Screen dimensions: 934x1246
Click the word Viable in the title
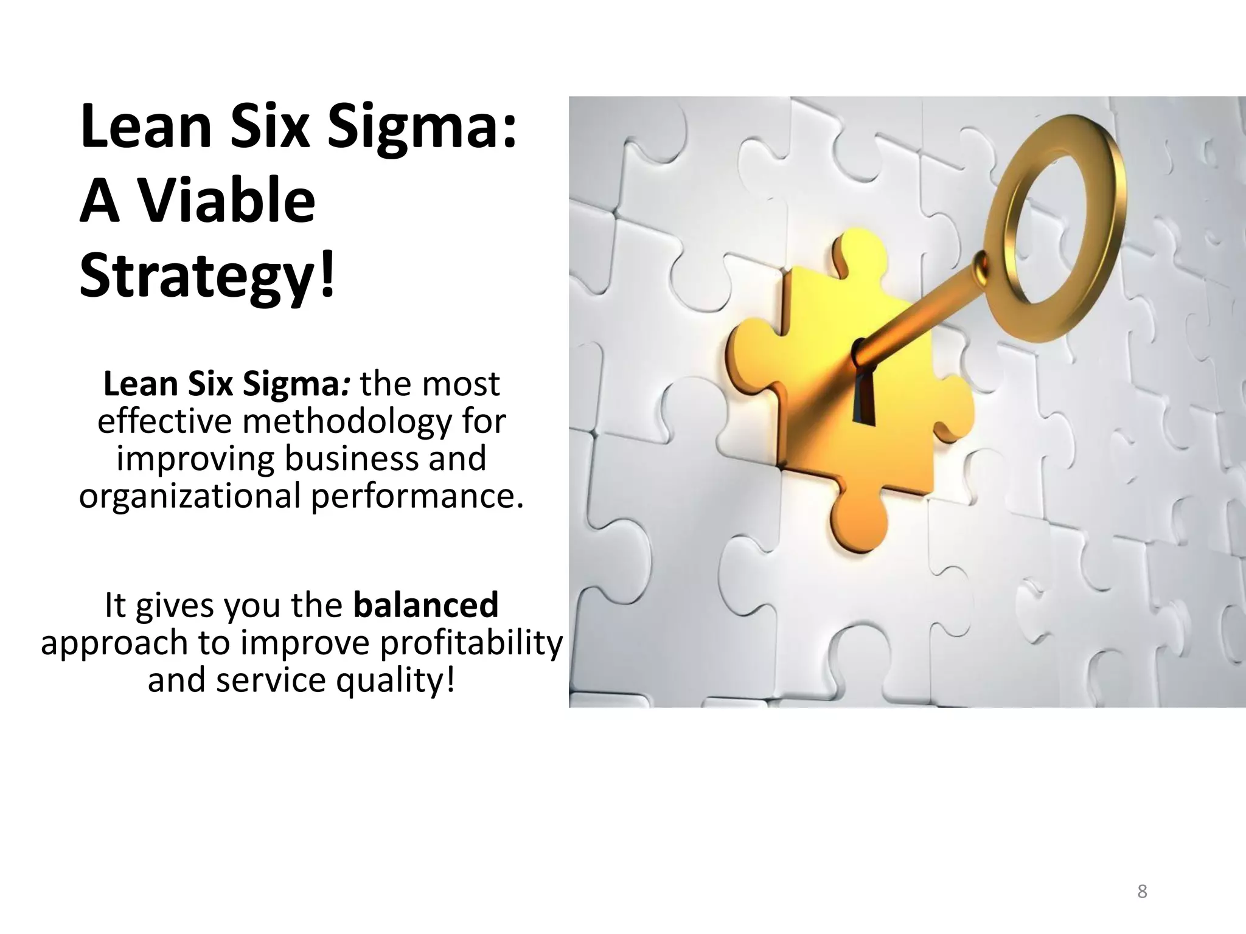(x=228, y=201)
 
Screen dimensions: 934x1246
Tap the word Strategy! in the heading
(x=207, y=277)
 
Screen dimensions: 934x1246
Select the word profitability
(x=472, y=643)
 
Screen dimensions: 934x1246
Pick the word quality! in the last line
(x=395, y=680)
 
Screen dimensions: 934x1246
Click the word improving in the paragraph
(x=195, y=458)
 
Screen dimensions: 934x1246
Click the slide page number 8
(x=1142, y=891)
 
